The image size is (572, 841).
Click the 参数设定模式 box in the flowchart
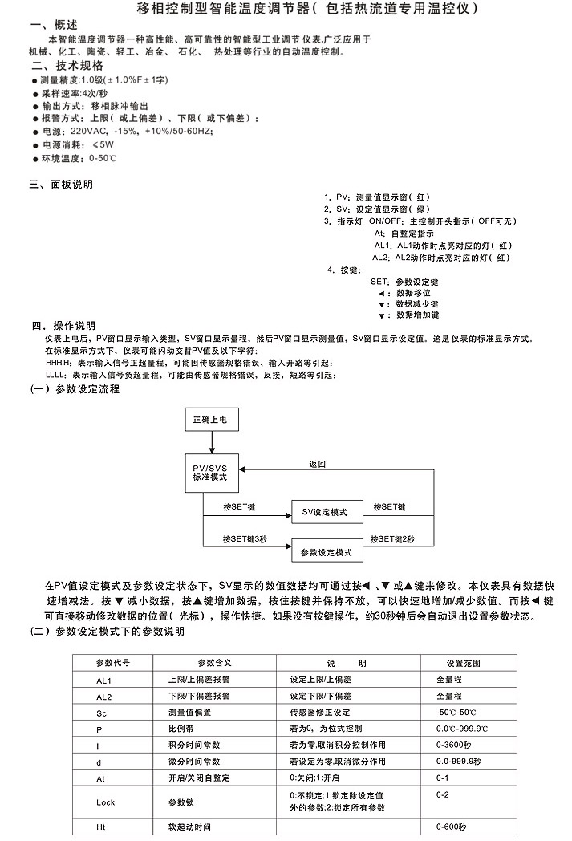click(x=324, y=553)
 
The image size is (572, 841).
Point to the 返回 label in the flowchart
click(x=318, y=464)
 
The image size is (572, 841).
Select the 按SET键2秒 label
click(x=393, y=539)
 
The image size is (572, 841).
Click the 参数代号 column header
click(x=112, y=663)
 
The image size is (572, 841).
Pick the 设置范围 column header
click(x=463, y=663)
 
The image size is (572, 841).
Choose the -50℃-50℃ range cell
click(x=456, y=713)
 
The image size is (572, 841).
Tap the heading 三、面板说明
click(x=60, y=184)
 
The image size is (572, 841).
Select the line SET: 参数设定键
click(x=404, y=282)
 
